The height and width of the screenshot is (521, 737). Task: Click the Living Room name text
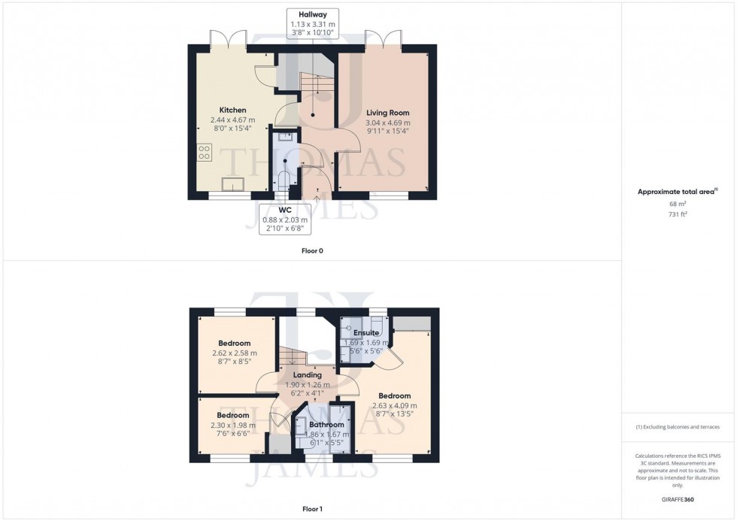click(x=387, y=113)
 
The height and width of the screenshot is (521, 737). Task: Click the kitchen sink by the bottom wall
click(x=231, y=184)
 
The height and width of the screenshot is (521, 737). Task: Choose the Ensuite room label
click(x=367, y=333)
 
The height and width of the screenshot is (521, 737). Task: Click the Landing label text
click(x=307, y=374)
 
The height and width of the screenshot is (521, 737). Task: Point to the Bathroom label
click(x=326, y=425)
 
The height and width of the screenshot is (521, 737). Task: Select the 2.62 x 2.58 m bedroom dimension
click(x=233, y=353)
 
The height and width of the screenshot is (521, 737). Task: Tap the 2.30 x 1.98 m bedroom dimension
click(x=232, y=425)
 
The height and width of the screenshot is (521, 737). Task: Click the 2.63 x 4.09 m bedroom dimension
click(x=394, y=406)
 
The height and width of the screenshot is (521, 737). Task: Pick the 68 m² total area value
click(x=678, y=204)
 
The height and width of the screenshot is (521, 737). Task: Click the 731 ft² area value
click(x=678, y=214)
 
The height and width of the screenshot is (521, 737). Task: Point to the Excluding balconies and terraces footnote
click(x=678, y=426)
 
